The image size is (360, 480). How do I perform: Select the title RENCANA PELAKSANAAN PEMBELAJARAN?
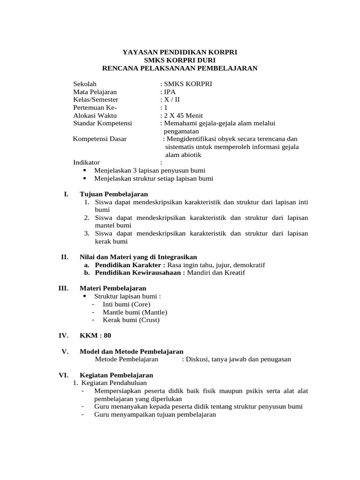coord(180,68)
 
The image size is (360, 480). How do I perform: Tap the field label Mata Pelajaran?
coord(95,92)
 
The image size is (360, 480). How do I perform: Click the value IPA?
coord(169,92)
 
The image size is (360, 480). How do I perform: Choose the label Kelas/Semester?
coord(96,100)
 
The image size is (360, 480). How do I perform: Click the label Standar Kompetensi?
coord(102,123)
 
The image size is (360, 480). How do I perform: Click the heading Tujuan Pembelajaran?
coord(114,194)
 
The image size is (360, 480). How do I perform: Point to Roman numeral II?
coord(65,257)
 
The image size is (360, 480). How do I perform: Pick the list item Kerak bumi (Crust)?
coord(131,320)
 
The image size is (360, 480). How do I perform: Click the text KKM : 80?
coord(96,336)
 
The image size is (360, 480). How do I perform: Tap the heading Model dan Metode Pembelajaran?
coord(132,352)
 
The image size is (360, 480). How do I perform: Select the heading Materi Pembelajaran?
coord(113,288)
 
